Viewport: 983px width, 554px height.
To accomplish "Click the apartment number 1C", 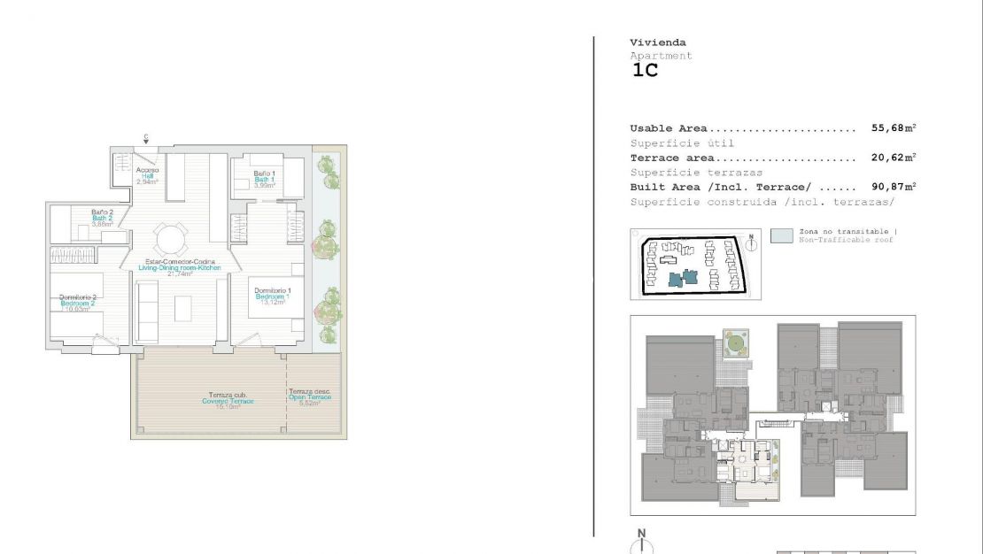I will coord(645,72).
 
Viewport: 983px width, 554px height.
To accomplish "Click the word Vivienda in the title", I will coord(657,42).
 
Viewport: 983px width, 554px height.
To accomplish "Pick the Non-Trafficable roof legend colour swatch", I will coord(781,236).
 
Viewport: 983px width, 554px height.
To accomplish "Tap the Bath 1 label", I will coord(264,180).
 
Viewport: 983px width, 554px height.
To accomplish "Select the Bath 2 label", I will coord(102,218).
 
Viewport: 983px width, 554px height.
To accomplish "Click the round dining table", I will coord(171,238).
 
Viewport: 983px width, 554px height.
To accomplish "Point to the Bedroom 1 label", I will coord(273,296).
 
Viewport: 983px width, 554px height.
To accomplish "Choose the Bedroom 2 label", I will coord(78,304).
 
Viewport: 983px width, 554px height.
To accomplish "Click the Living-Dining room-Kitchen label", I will coord(180,267).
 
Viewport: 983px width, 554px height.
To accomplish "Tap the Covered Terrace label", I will coord(228,402).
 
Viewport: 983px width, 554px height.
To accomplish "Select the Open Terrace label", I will coord(310,397).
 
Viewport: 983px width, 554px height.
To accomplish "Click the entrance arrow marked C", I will coord(146,138).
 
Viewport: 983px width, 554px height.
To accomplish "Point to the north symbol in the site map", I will coord(751,241).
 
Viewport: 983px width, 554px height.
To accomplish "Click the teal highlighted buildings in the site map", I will coord(682,278).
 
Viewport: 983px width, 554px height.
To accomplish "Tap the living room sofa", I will coord(146,311).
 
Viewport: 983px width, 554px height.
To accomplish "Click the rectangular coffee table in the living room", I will coord(183,308).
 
